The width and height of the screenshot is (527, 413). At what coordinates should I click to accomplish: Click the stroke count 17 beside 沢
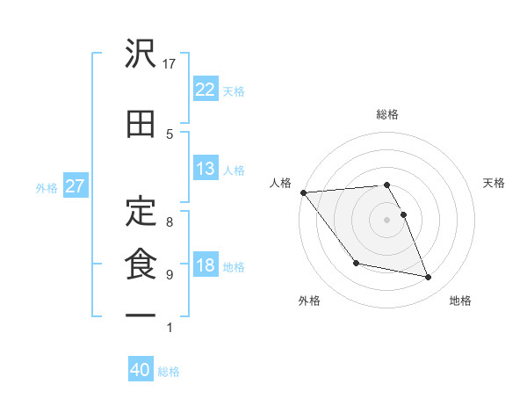(171, 63)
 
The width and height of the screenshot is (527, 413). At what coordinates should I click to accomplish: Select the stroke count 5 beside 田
(170, 134)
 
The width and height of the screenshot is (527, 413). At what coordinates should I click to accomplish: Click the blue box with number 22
(206, 90)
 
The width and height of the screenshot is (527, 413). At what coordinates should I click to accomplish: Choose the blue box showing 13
(206, 169)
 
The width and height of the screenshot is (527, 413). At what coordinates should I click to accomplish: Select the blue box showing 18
(206, 265)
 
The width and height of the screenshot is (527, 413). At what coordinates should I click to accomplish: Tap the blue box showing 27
(74, 186)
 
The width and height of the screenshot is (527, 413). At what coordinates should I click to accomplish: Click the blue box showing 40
(141, 370)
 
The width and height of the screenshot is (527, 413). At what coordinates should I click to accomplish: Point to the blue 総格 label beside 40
(170, 372)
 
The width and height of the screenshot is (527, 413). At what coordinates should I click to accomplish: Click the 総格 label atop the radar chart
(387, 114)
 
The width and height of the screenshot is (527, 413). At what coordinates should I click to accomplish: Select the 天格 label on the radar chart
(494, 183)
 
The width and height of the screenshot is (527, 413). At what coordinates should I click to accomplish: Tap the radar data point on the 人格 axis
(303, 192)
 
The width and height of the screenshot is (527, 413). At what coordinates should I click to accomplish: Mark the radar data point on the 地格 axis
(429, 278)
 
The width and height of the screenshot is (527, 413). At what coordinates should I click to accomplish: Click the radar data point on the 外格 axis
(356, 263)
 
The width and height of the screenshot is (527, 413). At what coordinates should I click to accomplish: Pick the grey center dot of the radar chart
(387, 219)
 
